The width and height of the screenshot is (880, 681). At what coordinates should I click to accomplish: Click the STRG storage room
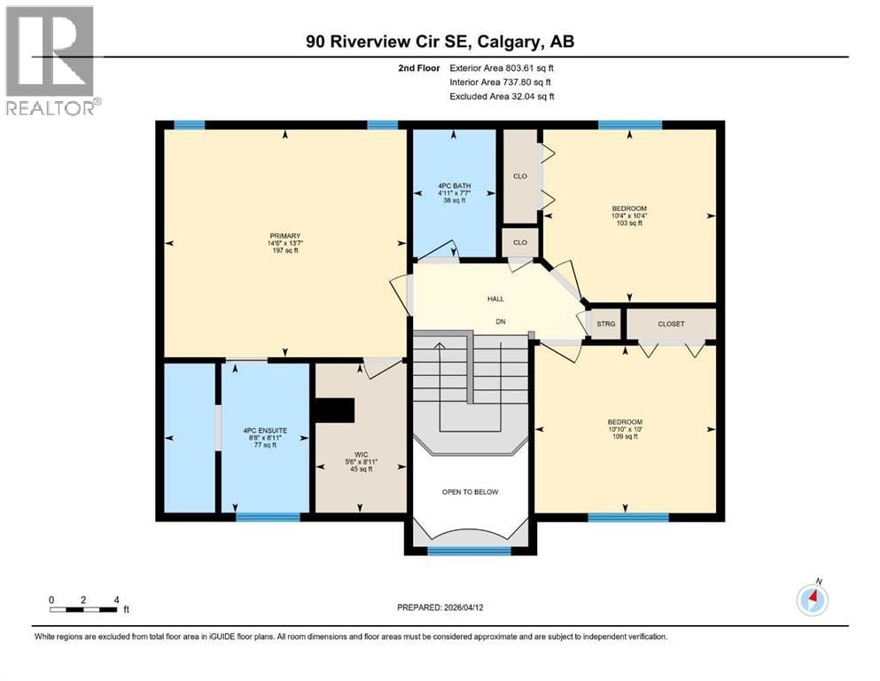[x=605, y=324]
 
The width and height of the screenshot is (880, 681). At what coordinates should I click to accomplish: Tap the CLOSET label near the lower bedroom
[x=671, y=324]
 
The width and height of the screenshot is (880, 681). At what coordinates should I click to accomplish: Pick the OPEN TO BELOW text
[x=471, y=491]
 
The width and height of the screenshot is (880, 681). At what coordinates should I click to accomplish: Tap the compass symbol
[x=812, y=599]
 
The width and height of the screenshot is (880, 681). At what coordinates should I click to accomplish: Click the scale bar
[x=83, y=609]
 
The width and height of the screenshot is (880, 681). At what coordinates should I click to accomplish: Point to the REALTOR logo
[x=52, y=59]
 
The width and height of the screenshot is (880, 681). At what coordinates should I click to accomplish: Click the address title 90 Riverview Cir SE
[x=440, y=42]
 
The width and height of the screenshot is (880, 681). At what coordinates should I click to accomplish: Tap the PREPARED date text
[x=441, y=607]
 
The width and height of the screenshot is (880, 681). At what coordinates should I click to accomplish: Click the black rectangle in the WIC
[x=335, y=411]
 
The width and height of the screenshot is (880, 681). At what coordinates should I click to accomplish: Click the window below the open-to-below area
[x=470, y=551]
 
